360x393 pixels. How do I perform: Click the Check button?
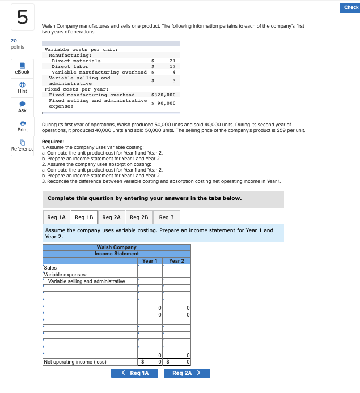[x=351, y=7]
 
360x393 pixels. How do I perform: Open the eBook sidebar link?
[x=22, y=68]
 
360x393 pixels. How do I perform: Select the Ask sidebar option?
[x=22, y=106]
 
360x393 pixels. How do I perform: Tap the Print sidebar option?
[x=22, y=126]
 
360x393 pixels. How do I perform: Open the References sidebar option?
[x=22, y=145]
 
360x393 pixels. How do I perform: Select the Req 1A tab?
[x=56, y=217]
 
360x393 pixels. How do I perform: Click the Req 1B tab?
[x=84, y=217]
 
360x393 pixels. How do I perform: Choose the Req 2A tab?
[x=112, y=217]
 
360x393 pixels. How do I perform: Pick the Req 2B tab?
[x=139, y=217]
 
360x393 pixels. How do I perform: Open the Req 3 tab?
[x=167, y=217]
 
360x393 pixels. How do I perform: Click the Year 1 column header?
[x=150, y=261]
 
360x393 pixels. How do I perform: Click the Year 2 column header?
[x=176, y=261]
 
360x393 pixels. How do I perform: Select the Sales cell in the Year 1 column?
[x=150, y=268]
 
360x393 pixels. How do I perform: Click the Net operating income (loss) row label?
[x=75, y=362]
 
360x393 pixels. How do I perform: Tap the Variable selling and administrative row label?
[x=87, y=281]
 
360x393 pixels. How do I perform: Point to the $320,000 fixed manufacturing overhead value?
[x=164, y=95]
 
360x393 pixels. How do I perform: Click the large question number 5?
[x=22, y=18]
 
